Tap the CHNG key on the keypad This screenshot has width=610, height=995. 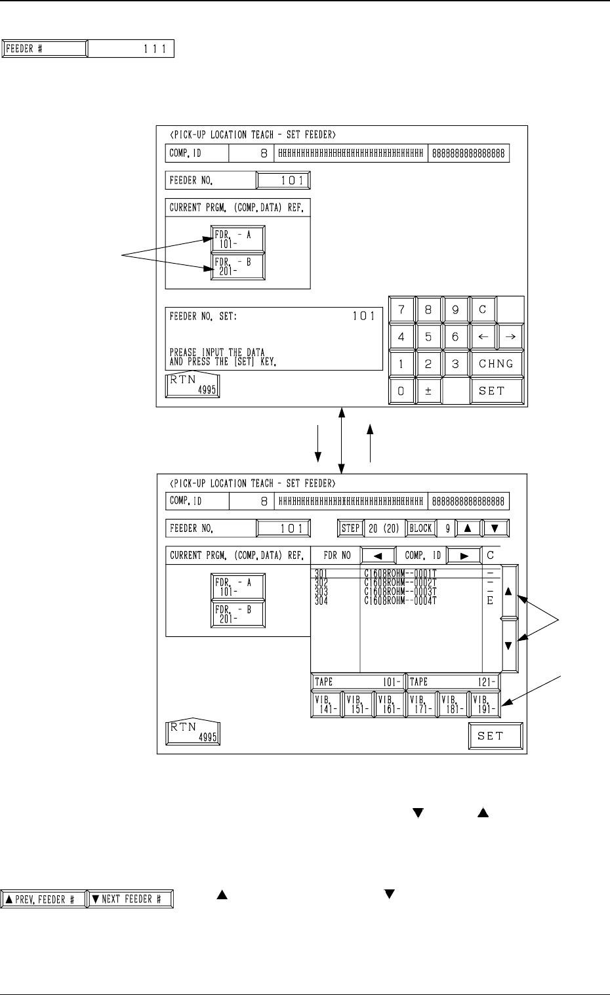(x=496, y=364)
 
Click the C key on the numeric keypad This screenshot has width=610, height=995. (x=483, y=310)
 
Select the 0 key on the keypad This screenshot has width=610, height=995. (x=401, y=391)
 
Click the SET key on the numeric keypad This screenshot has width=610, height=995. (x=496, y=391)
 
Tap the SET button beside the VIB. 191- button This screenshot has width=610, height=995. (x=495, y=736)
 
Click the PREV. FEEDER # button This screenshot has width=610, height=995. (x=45, y=899)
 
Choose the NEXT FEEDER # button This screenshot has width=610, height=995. (x=130, y=899)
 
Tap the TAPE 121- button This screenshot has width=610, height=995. (x=453, y=681)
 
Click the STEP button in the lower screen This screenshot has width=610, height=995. (x=351, y=528)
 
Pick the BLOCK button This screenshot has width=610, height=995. (x=420, y=528)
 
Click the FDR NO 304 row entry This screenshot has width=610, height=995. (x=321, y=601)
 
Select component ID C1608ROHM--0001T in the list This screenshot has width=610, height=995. (x=400, y=573)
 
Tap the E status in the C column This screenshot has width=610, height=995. (x=490, y=601)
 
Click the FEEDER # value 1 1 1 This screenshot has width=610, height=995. (x=131, y=49)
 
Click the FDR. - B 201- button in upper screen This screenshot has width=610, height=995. (x=237, y=267)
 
